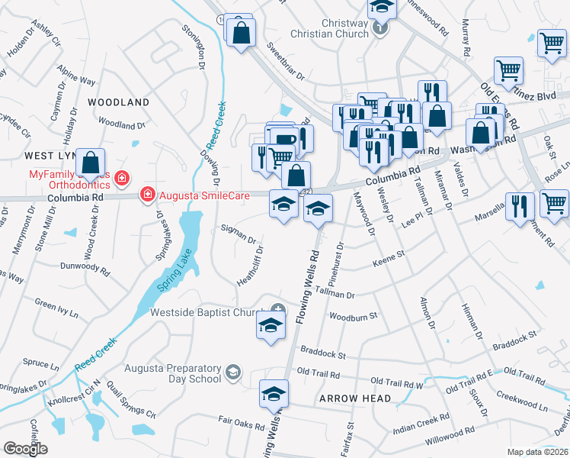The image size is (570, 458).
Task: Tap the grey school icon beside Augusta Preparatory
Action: coord(233,373)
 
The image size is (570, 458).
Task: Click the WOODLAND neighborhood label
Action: coord(118,102)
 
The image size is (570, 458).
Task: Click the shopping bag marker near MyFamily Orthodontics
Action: coord(90,162)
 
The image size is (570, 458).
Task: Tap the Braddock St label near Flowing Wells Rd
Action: coord(322,355)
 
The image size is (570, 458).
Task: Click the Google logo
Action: coord(26,449)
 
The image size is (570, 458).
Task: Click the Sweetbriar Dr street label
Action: coord(285,63)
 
